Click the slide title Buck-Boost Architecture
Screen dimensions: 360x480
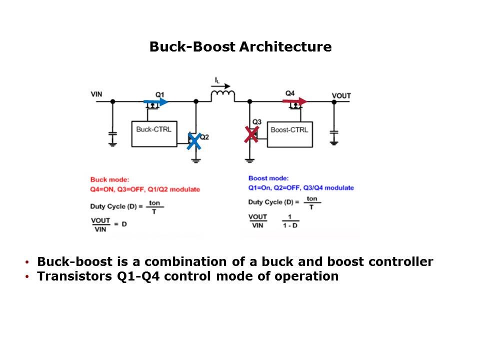[x=240, y=47]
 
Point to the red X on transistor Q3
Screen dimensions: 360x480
[x=251, y=134]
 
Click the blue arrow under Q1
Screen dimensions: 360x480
[x=156, y=102]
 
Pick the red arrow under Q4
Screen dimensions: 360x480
[x=294, y=101]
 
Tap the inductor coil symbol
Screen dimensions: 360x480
[x=222, y=95]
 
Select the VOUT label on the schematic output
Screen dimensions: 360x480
[x=341, y=95]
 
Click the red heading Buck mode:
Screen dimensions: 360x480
[x=109, y=179]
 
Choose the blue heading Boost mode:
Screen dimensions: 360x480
[x=267, y=178]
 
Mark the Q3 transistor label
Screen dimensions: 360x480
[x=256, y=121]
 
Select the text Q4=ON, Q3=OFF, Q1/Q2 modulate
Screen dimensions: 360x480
[x=145, y=189]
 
